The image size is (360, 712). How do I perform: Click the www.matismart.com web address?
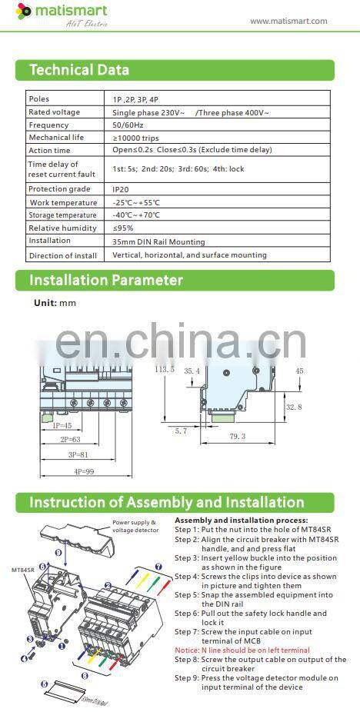point(288,21)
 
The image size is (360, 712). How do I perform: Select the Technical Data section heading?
point(79,70)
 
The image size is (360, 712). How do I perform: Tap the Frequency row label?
point(48,125)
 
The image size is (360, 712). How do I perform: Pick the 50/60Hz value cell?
point(128,125)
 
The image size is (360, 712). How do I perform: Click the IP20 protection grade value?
point(121,188)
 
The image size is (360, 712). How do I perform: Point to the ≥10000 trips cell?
point(137,138)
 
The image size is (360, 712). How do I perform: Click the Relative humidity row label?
point(61,228)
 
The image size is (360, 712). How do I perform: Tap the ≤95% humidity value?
point(123,228)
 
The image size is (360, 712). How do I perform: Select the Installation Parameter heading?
point(106,280)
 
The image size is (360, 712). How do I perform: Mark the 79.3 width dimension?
point(237,436)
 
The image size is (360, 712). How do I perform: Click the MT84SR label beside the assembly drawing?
point(22,570)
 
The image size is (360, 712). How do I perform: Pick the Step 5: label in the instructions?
point(187,594)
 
